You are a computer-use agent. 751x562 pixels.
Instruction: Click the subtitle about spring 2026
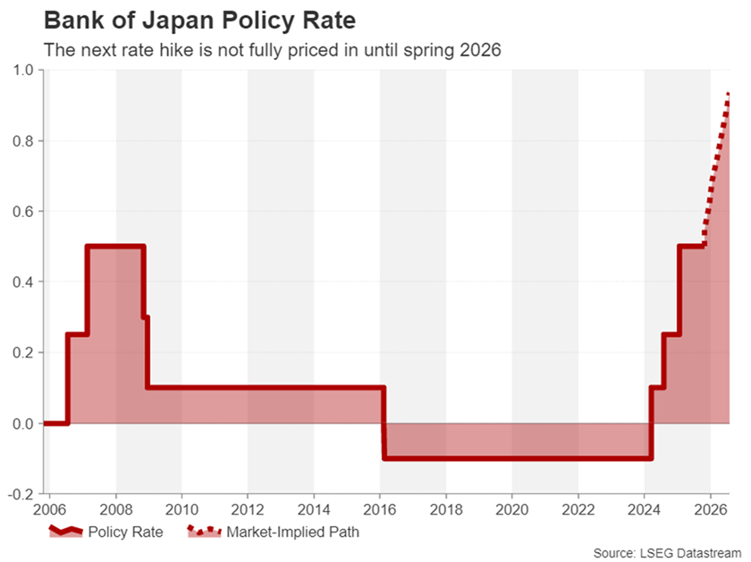[x=273, y=50]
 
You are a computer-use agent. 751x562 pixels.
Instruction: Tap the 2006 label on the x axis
[x=49, y=511]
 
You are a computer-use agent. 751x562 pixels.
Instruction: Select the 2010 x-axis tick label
[x=181, y=511]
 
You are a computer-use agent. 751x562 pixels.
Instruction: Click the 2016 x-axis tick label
[x=380, y=511]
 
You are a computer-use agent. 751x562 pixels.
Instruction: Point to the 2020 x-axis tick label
[x=512, y=511]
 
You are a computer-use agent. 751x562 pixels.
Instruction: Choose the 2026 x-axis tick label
[x=710, y=511]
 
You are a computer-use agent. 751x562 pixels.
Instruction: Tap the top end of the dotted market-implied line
[x=729, y=95]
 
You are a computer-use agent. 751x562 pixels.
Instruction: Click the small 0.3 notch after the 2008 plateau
[x=146, y=317]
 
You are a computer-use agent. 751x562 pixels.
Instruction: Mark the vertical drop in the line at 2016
[x=384, y=423]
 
